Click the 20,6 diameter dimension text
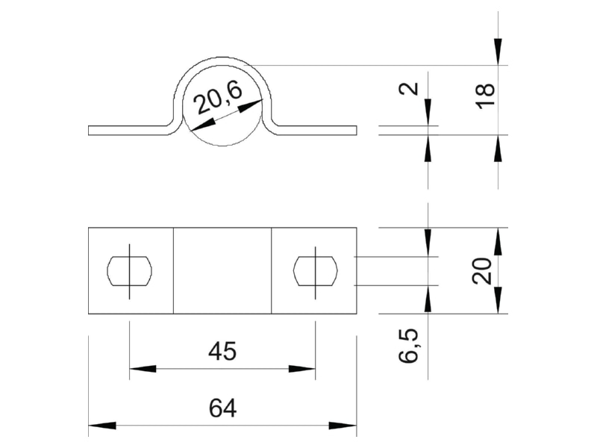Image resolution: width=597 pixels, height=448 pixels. [218, 99]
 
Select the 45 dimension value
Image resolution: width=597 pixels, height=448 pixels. [222, 351]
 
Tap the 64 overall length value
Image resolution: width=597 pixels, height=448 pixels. [222, 408]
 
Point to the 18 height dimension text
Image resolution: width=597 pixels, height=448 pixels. [486, 96]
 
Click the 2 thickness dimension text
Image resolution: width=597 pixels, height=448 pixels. [409, 89]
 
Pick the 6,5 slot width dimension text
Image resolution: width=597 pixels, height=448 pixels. [408, 345]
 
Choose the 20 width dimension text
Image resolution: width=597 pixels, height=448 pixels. [482, 271]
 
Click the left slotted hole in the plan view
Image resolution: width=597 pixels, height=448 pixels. [129, 271]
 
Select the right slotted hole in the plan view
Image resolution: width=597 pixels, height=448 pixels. [315, 271]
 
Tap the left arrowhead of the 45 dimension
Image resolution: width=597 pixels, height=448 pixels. [143, 369]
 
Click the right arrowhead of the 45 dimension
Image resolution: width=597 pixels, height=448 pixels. [302, 369]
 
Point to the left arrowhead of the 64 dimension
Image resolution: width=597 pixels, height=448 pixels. [102, 425]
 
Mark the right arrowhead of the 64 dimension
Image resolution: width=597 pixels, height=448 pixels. [343, 425]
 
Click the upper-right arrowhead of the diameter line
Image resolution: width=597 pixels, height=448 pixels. [251, 106]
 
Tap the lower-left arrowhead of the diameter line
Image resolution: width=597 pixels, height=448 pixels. [202, 124]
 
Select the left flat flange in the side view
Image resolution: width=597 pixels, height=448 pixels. [128, 130]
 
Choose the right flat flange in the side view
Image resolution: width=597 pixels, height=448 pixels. [316, 130]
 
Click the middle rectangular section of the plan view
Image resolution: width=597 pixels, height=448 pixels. [222, 271]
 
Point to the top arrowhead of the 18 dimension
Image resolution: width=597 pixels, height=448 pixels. [498, 52]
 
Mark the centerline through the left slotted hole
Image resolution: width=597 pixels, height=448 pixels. [129, 271]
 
